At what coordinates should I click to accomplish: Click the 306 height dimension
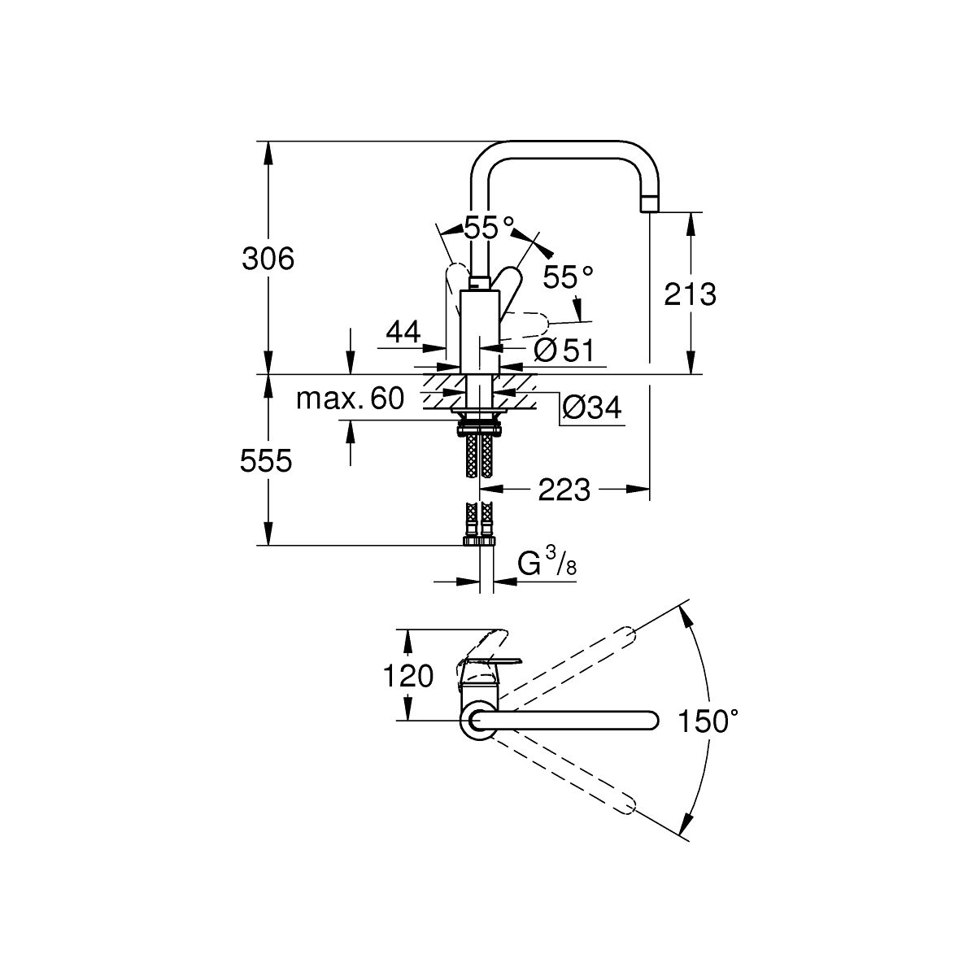coord(268,259)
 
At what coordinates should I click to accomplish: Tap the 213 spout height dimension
coord(690,294)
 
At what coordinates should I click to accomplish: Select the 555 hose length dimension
coord(266,461)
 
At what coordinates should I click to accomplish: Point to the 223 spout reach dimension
coord(564,490)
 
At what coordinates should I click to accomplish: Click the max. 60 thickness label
coord(350,399)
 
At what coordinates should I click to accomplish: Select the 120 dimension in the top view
coord(410,674)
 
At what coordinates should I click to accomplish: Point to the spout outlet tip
coord(650,205)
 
